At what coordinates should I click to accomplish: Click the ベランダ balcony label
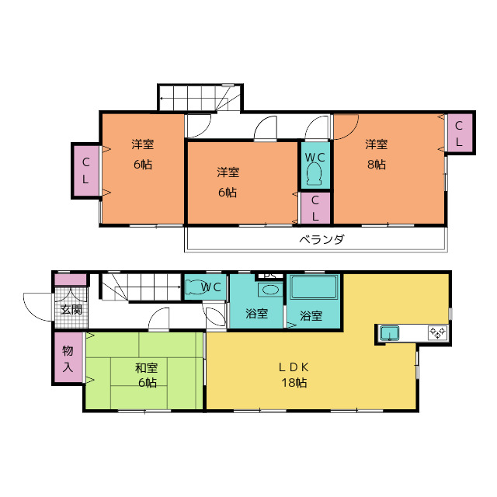[321, 239]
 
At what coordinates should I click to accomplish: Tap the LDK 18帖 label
[294, 375]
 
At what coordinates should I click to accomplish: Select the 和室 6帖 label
[147, 375]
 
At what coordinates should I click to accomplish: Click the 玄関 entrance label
[71, 310]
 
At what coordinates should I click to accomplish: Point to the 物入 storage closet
[68, 357]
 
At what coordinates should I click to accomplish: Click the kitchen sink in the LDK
[390, 333]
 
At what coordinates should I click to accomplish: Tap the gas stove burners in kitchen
[437, 332]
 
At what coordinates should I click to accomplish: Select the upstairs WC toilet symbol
[314, 174]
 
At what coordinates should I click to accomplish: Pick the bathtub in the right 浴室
[314, 287]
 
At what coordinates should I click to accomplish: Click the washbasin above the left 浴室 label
[270, 290]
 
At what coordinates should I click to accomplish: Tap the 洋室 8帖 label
[376, 155]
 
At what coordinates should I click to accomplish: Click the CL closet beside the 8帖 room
[459, 133]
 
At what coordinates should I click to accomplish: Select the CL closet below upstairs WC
[315, 208]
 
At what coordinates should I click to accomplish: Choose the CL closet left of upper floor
[86, 171]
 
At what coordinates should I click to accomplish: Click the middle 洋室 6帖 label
[228, 182]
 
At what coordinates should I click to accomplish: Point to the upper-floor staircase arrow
[193, 99]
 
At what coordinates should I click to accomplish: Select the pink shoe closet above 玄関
[71, 280]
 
